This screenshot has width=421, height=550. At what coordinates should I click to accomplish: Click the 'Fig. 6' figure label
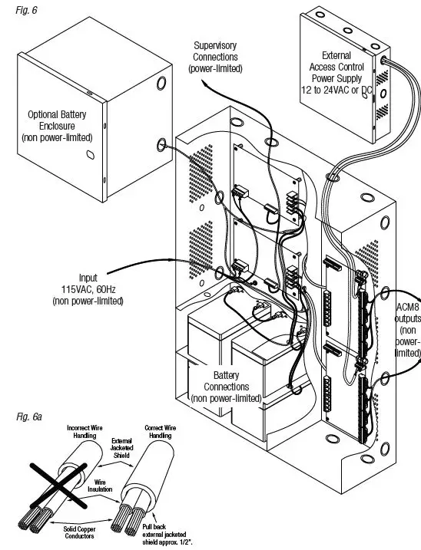[26, 10]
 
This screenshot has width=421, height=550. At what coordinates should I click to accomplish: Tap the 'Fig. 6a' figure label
[29, 417]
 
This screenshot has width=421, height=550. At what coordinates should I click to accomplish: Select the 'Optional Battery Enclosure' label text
[57, 120]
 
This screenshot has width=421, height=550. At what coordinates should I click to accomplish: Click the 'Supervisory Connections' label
[215, 51]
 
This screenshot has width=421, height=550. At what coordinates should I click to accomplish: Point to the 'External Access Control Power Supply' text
[336, 67]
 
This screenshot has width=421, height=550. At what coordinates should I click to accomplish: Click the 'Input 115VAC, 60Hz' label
[88, 283]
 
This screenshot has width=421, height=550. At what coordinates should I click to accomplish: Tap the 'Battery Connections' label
[227, 381]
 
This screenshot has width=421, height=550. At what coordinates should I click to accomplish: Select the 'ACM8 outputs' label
[408, 312]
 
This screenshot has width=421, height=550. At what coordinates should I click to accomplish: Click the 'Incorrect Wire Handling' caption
[85, 431]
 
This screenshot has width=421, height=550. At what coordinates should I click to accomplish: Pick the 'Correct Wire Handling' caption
[161, 431]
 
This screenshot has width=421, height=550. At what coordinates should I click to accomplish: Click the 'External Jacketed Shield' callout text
[121, 448]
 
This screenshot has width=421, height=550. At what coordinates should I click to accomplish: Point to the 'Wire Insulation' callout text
[100, 486]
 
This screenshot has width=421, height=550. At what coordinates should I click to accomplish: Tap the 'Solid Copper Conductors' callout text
[79, 532]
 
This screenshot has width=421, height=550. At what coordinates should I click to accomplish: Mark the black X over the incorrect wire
[58, 486]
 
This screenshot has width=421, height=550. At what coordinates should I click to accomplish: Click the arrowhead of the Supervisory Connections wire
[204, 82]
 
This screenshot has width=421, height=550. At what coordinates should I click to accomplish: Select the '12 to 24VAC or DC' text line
[336, 91]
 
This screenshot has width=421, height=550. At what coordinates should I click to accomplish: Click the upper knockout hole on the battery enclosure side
[161, 83]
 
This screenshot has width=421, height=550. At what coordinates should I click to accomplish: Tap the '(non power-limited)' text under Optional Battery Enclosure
[57, 137]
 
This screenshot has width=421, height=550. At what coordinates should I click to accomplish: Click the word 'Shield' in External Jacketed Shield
[121, 456]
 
